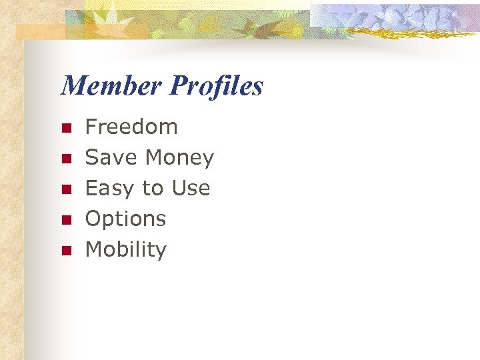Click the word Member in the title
pos(111,86)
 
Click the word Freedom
pos(131,127)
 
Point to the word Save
pos(111,157)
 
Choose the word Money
pos(179,157)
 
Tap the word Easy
pos(111,189)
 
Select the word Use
pos(191,188)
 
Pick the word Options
pos(125,219)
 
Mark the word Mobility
pos(126,249)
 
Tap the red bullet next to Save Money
pos(66,159)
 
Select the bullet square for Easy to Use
pos(66,189)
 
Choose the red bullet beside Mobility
pos(66,251)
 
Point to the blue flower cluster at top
pos(400,17)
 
